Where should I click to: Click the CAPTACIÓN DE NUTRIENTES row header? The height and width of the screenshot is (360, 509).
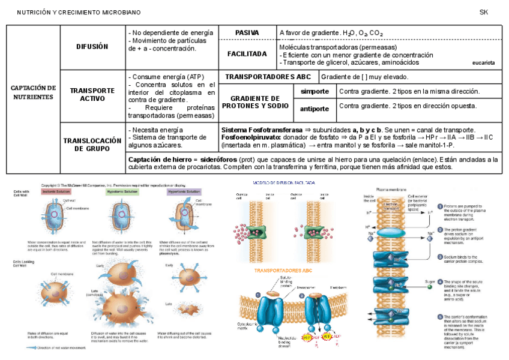click(33, 92)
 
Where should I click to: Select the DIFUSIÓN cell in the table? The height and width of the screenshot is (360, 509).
click(92, 46)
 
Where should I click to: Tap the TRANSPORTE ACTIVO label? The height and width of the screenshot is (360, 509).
click(92, 94)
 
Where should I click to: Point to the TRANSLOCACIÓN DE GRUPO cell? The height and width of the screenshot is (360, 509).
click(92, 144)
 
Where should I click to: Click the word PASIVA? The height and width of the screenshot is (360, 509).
click(247, 32)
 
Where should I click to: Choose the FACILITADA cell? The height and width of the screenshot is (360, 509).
click(247, 54)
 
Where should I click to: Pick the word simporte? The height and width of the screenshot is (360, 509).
click(315, 91)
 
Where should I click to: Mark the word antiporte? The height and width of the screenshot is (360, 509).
click(315, 109)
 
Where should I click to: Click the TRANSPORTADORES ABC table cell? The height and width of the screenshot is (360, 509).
click(268, 77)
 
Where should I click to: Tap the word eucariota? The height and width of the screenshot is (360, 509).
click(484, 62)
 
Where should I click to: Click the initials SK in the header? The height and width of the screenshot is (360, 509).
click(484, 12)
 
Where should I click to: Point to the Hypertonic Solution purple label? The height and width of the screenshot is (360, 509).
click(184, 192)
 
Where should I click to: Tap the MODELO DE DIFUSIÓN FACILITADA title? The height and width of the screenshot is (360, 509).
click(285, 182)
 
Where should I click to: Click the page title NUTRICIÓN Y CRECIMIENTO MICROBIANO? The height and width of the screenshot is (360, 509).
click(79, 12)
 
